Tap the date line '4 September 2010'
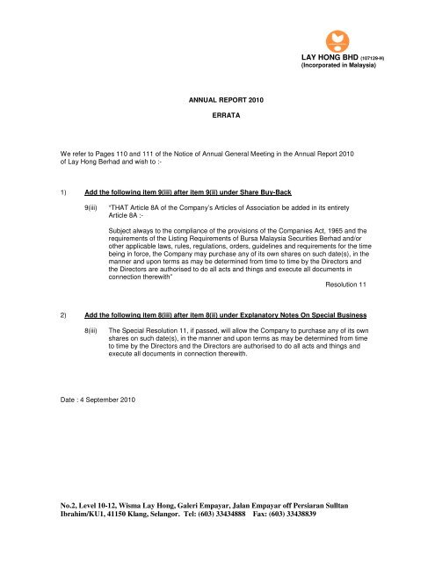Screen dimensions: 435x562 (x=99, y=352)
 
